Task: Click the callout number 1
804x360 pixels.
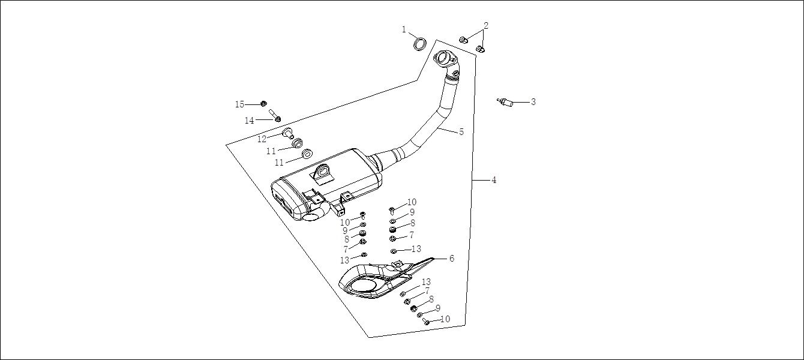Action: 404,29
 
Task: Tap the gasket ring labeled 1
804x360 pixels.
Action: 421,44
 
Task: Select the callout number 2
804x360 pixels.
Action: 486,25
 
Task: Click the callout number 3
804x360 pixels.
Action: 533,102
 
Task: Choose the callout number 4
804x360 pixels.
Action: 494,180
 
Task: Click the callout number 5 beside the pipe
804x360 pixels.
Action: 461,132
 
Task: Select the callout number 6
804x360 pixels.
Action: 451,259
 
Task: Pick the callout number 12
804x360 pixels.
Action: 262,139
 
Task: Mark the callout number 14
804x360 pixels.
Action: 250,121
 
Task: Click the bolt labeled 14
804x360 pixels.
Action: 274,115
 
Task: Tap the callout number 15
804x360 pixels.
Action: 239,104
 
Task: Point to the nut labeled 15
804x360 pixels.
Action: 263,104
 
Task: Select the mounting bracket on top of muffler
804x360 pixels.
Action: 322,173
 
